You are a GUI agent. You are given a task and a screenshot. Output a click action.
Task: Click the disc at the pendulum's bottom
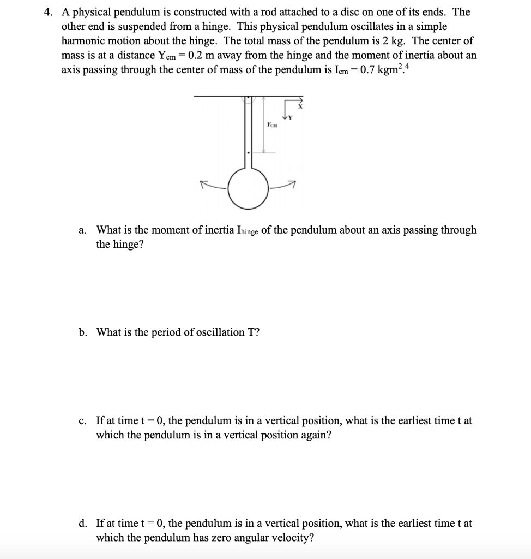tap(248, 188)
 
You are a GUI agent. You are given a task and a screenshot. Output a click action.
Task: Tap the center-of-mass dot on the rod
tap(248, 153)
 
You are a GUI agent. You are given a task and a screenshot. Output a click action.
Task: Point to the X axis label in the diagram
tap(299, 109)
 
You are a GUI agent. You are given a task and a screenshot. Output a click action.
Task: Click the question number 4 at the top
tap(48, 12)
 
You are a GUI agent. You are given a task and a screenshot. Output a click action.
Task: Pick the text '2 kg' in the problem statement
tap(397, 41)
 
